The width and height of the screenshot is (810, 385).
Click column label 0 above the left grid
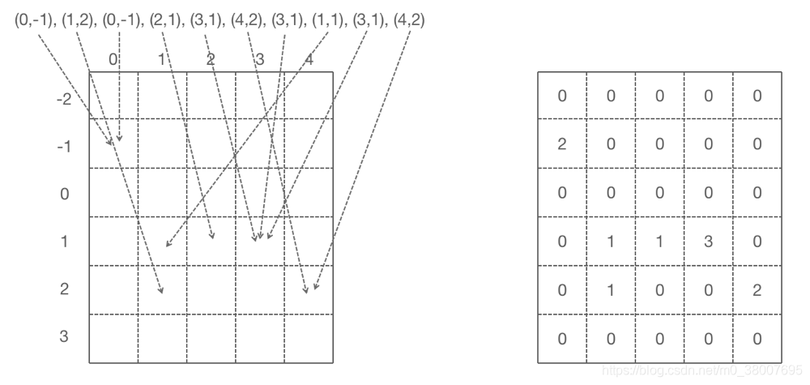[x=113, y=59]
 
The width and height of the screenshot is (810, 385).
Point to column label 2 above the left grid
[x=211, y=59]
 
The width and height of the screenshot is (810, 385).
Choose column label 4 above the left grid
[x=309, y=59]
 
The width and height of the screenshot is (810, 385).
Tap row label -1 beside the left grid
[x=64, y=148]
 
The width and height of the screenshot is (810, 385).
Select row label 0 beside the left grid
[x=65, y=195]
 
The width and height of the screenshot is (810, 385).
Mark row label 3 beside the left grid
[x=65, y=336]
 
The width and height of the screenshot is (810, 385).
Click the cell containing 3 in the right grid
[x=708, y=242]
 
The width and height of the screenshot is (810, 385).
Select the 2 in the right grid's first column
[x=562, y=144]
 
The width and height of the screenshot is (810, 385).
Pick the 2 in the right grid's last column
[x=757, y=290]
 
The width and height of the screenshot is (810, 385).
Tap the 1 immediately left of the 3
[x=659, y=242]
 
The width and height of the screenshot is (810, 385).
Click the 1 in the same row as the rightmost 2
[x=611, y=290]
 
